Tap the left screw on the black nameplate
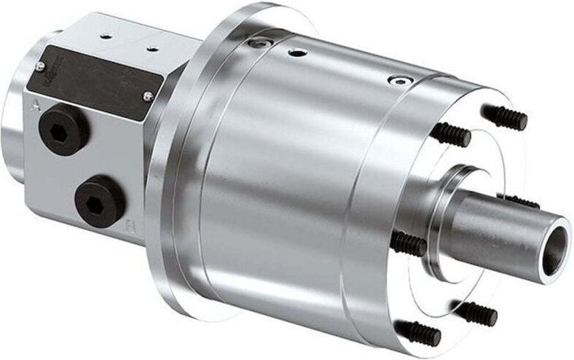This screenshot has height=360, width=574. pyautogui.click(x=40, y=66)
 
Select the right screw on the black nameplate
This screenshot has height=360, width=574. pyautogui.click(x=148, y=95)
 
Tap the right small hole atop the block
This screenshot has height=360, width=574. pyautogui.click(x=153, y=49)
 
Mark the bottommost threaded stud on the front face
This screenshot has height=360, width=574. pyautogui.click(x=421, y=334)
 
